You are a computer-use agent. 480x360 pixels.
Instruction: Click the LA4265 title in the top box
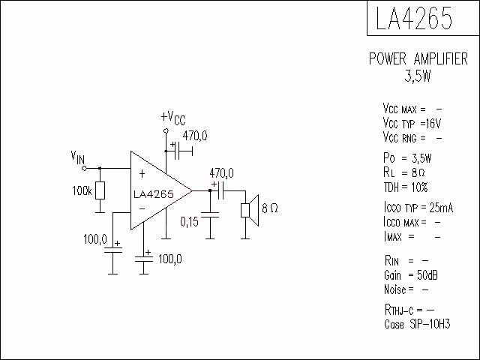point(414,18)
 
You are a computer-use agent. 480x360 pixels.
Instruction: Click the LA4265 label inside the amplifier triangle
point(154,194)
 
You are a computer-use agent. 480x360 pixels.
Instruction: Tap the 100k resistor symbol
point(100,190)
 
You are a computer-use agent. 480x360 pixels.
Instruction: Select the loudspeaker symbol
point(250,210)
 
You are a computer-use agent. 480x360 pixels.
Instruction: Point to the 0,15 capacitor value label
point(190,222)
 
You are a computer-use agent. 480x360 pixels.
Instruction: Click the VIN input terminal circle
point(84,168)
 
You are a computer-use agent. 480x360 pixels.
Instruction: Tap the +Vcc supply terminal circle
point(166,131)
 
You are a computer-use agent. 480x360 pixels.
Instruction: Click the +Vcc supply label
point(173,118)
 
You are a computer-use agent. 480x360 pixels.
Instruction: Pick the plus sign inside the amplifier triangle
point(142,174)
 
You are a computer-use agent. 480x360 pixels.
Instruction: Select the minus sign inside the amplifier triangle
point(142,209)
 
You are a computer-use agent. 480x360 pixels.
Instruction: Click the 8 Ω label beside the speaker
point(270,208)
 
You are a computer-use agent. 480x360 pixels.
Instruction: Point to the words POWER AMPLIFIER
point(418,58)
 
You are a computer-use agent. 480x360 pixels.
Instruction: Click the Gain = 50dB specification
point(411,275)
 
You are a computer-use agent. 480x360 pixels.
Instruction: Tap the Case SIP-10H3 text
point(417,324)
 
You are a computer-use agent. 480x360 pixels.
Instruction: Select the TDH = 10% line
point(406,187)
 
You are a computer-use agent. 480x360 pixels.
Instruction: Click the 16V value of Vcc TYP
point(433,123)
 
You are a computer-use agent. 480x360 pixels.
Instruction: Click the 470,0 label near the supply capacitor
point(195,136)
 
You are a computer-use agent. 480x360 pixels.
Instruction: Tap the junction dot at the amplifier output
point(210,190)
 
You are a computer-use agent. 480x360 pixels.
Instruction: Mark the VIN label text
point(78,157)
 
